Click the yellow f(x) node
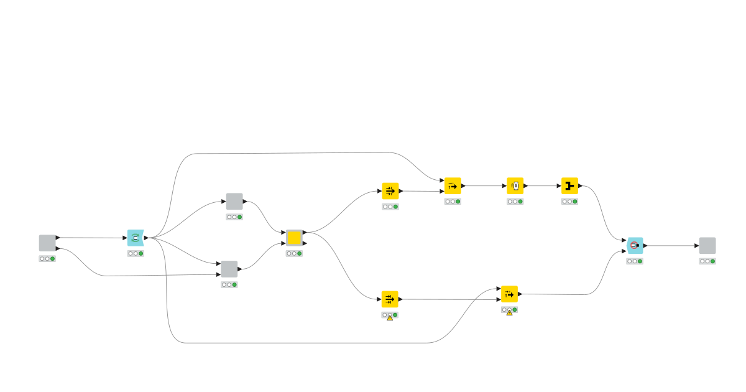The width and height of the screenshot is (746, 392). point(515,185)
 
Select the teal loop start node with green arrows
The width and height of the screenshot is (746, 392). point(136,238)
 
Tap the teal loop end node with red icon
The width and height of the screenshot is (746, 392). point(635,245)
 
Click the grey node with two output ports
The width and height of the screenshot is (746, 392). point(47,243)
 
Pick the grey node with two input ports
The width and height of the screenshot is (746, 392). point(229,269)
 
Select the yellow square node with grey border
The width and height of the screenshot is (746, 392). point(294,238)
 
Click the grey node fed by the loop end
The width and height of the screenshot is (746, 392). point(707,245)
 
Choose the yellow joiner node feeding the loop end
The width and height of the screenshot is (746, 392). point(569,185)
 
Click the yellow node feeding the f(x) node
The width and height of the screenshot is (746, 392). point(453,185)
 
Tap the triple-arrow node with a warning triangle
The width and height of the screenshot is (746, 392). point(390,299)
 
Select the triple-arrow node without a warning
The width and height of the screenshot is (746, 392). point(390,190)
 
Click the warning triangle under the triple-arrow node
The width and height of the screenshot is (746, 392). point(390,318)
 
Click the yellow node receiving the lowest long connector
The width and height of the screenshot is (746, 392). point(509,294)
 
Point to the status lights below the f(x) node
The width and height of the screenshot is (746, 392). point(515,202)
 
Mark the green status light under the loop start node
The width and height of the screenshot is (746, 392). point(141,254)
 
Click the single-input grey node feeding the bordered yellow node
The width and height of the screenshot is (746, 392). point(234,201)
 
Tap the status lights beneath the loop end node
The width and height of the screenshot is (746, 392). point(635,261)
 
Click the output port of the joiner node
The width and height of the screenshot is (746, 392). point(581,185)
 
